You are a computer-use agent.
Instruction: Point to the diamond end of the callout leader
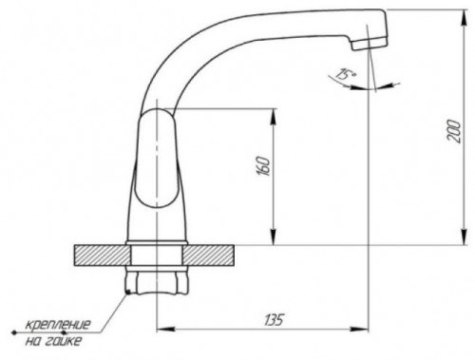point(12,332)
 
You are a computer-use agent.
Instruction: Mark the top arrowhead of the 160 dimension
point(275,114)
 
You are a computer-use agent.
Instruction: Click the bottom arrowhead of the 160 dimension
point(275,240)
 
